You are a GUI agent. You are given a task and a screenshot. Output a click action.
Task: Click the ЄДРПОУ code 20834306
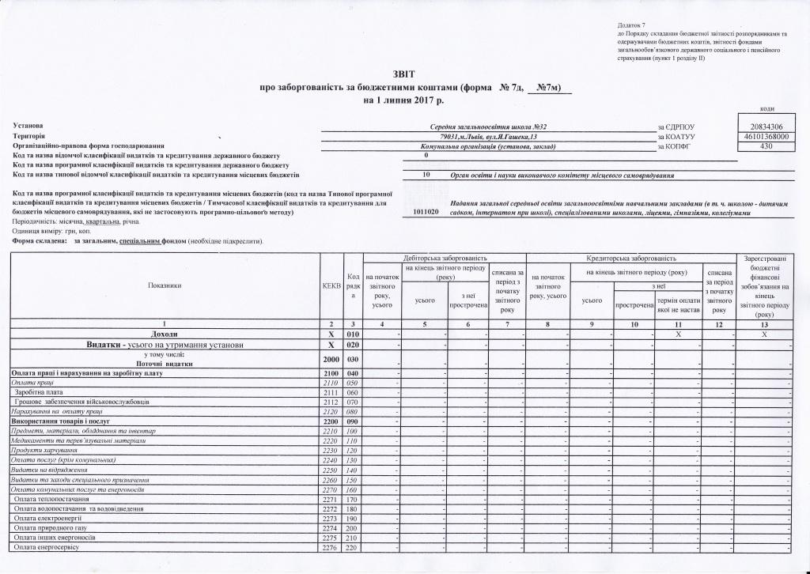[766, 127]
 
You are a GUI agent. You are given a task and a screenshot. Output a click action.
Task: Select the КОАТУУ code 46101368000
[766, 137]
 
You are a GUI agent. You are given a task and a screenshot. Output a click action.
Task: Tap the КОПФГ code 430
[766, 146]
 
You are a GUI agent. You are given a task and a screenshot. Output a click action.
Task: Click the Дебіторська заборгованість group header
[444, 259]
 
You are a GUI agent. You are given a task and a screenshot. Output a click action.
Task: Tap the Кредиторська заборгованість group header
[630, 259]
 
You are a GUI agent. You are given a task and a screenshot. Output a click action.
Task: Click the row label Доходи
[164, 335]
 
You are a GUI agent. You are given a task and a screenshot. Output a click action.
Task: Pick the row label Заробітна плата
[39, 392]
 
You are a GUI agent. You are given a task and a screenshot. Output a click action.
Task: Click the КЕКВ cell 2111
[331, 392]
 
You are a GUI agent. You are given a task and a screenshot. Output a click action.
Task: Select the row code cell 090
[353, 421]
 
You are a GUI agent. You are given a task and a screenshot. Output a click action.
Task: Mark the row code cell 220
[353, 548]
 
